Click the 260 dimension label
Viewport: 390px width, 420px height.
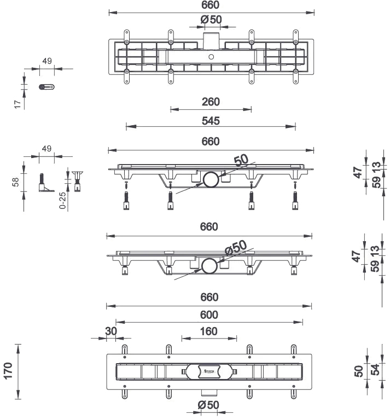click(211, 102)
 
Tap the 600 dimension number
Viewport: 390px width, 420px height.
click(209, 314)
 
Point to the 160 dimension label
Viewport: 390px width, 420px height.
click(209, 331)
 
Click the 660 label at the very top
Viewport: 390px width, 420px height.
click(211, 5)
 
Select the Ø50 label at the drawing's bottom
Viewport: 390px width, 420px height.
click(209, 405)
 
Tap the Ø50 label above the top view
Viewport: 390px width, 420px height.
click(211, 20)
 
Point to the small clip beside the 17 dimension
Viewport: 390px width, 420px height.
click(46, 86)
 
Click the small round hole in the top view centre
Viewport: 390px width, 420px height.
click(211, 56)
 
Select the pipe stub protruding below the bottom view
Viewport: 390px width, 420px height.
click(209, 392)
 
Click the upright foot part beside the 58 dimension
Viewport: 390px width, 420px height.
click(42, 182)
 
